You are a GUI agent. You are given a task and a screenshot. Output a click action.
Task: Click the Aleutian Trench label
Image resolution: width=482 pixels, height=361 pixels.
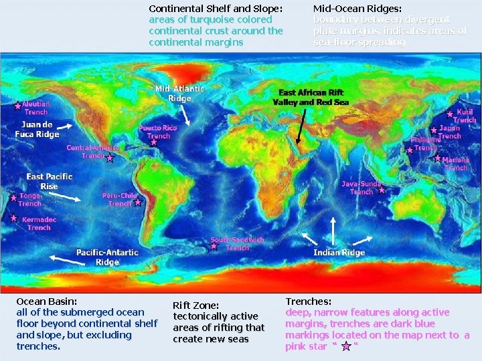[35, 108]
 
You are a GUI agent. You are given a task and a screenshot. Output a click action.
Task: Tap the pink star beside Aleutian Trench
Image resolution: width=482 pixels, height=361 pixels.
[17, 106]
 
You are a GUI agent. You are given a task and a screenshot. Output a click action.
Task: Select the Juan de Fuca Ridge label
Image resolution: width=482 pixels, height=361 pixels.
[37, 129]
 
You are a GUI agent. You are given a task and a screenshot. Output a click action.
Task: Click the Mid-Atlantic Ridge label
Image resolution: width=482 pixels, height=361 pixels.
[179, 94]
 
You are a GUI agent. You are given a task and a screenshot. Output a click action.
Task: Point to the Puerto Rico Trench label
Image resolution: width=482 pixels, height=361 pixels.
[159, 131]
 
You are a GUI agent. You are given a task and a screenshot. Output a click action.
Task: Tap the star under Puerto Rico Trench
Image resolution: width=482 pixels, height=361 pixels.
[153, 142]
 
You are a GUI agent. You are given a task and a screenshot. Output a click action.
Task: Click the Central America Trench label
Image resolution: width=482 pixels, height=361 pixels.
[92, 151]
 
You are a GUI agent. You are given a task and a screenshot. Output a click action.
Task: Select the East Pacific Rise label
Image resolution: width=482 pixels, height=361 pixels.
[50, 180]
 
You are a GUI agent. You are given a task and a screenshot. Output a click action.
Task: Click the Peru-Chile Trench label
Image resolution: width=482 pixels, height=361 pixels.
[120, 199]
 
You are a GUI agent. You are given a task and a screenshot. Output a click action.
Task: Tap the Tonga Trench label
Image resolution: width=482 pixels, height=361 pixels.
[29, 199]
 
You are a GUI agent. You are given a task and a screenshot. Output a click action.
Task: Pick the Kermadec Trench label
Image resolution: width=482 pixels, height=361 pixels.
[39, 223]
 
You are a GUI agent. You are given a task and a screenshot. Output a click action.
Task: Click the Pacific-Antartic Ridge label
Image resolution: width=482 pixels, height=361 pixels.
[107, 257]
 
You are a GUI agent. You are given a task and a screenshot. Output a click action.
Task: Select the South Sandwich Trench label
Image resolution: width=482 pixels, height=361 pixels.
[237, 243]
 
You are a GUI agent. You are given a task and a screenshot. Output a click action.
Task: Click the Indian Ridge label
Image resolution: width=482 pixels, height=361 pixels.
[339, 253]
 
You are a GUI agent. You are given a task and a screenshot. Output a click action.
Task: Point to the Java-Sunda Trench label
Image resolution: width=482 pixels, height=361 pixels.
[361, 187]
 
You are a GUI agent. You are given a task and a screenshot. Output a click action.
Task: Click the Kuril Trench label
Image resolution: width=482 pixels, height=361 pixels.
[465, 116]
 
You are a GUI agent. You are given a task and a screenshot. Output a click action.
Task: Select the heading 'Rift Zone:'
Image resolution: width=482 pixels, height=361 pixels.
[196, 306]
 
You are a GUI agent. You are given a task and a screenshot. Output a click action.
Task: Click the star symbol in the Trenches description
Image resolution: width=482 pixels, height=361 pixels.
[346, 346]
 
